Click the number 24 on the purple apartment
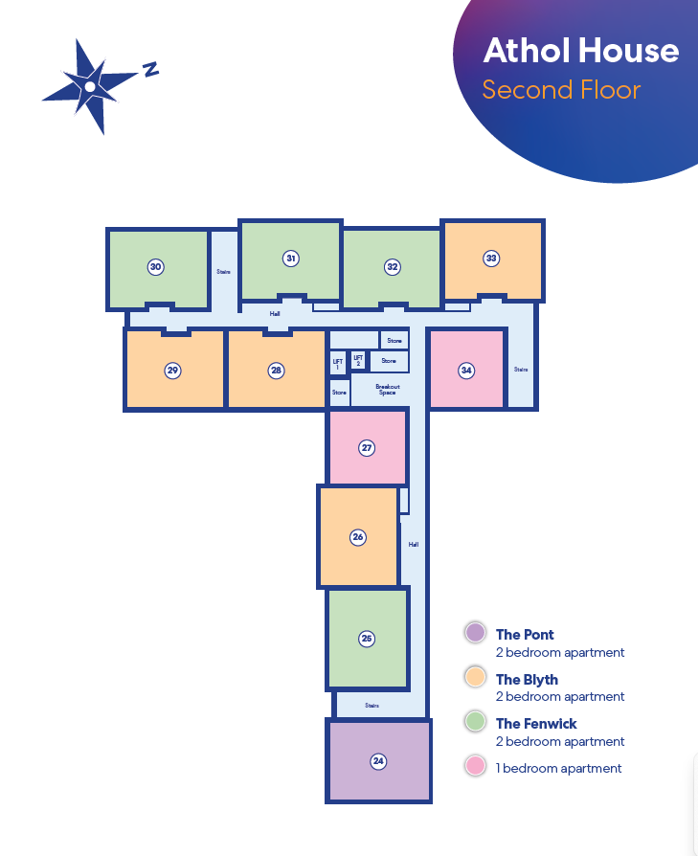(378, 761)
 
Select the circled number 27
(367, 448)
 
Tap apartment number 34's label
(466, 371)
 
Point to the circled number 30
(155, 267)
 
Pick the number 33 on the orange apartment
(491, 259)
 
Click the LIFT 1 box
(338, 363)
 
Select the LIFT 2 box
(358, 360)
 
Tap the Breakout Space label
(388, 390)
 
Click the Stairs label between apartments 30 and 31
(224, 271)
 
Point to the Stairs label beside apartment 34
(521, 370)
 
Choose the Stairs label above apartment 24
(372, 706)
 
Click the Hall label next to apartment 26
(414, 544)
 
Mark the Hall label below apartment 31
(275, 314)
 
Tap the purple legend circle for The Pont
(475, 633)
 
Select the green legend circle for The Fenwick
(475, 721)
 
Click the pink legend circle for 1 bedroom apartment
(475, 765)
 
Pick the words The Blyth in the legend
(527, 680)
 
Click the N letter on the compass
(150, 69)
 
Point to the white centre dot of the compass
(90, 86)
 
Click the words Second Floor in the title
(561, 90)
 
